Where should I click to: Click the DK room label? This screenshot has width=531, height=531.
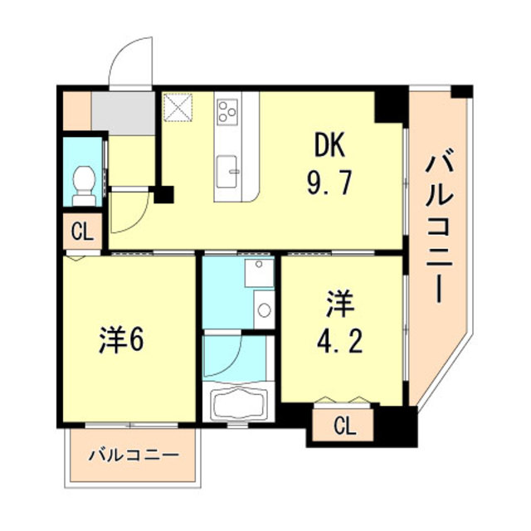[329, 145]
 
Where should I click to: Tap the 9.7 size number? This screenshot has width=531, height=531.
[329, 183]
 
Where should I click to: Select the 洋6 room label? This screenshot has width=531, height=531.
[122, 340]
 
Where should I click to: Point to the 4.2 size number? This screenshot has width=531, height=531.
[339, 341]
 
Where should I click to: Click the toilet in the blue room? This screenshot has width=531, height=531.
[84, 185]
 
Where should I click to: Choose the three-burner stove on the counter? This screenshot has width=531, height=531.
[227, 110]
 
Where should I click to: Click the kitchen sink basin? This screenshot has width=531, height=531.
[227, 171]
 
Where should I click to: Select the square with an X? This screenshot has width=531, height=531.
[178, 107]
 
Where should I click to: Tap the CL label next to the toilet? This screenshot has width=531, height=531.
[82, 232]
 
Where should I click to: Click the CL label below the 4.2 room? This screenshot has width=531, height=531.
[345, 426]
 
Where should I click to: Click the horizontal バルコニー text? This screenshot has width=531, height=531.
[134, 455]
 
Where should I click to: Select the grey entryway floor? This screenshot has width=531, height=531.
[124, 113]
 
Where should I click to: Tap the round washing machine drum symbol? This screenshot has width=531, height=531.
[264, 309]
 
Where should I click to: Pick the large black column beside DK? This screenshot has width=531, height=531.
[391, 105]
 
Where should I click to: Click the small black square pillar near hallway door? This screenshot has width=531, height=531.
[164, 195]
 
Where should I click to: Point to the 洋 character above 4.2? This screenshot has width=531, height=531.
[340, 305]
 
